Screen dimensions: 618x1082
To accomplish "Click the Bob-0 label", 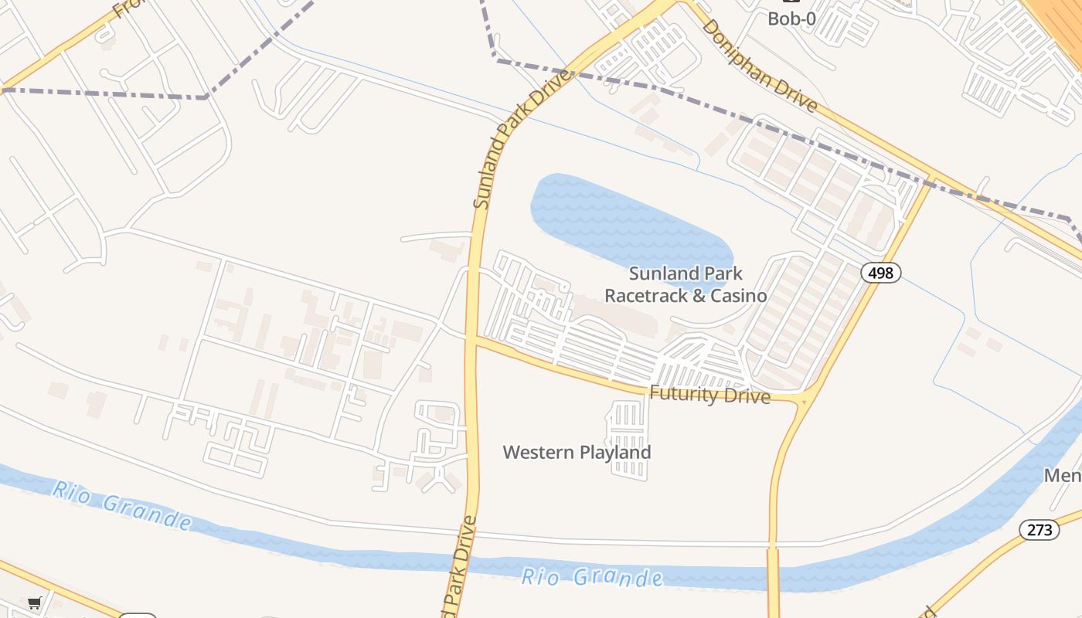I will coord(791,19).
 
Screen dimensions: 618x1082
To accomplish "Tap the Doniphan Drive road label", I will coord(759,65).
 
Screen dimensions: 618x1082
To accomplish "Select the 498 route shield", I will coord(881,272).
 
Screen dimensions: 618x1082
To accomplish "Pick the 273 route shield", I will coord(1039,529).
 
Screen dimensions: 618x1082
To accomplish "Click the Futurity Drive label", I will coord(709,395).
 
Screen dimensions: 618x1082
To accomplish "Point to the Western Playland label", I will coord(577,452).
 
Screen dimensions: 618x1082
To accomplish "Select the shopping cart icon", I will coord(34,603).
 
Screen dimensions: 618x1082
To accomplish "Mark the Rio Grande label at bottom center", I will coord(591,576).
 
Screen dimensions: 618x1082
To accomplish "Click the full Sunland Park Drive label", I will coord(523,139).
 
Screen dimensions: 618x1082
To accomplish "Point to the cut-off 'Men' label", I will coord(1063,475).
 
